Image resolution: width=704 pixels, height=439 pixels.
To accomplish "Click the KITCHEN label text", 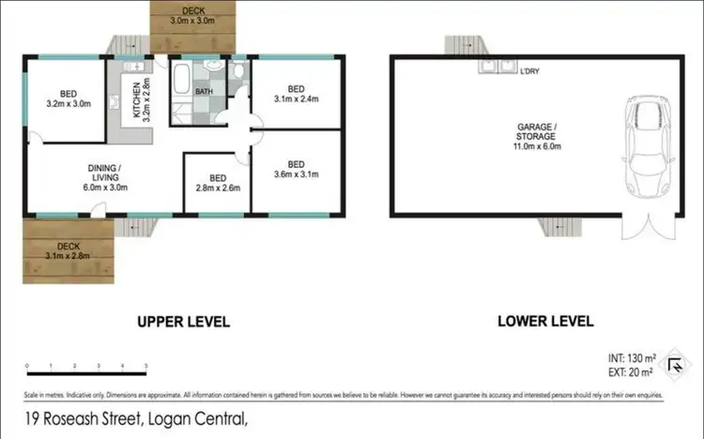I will (x=136, y=97).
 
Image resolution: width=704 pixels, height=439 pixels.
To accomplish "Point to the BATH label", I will (x=204, y=92).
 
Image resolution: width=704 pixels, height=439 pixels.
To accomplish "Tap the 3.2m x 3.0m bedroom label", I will (x=69, y=99).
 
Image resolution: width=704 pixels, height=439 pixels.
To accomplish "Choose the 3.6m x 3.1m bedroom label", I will (x=298, y=168).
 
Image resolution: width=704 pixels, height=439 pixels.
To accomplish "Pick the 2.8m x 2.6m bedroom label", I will (x=218, y=183).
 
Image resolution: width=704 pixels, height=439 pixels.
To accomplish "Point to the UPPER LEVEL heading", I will (x=183, y=321).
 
